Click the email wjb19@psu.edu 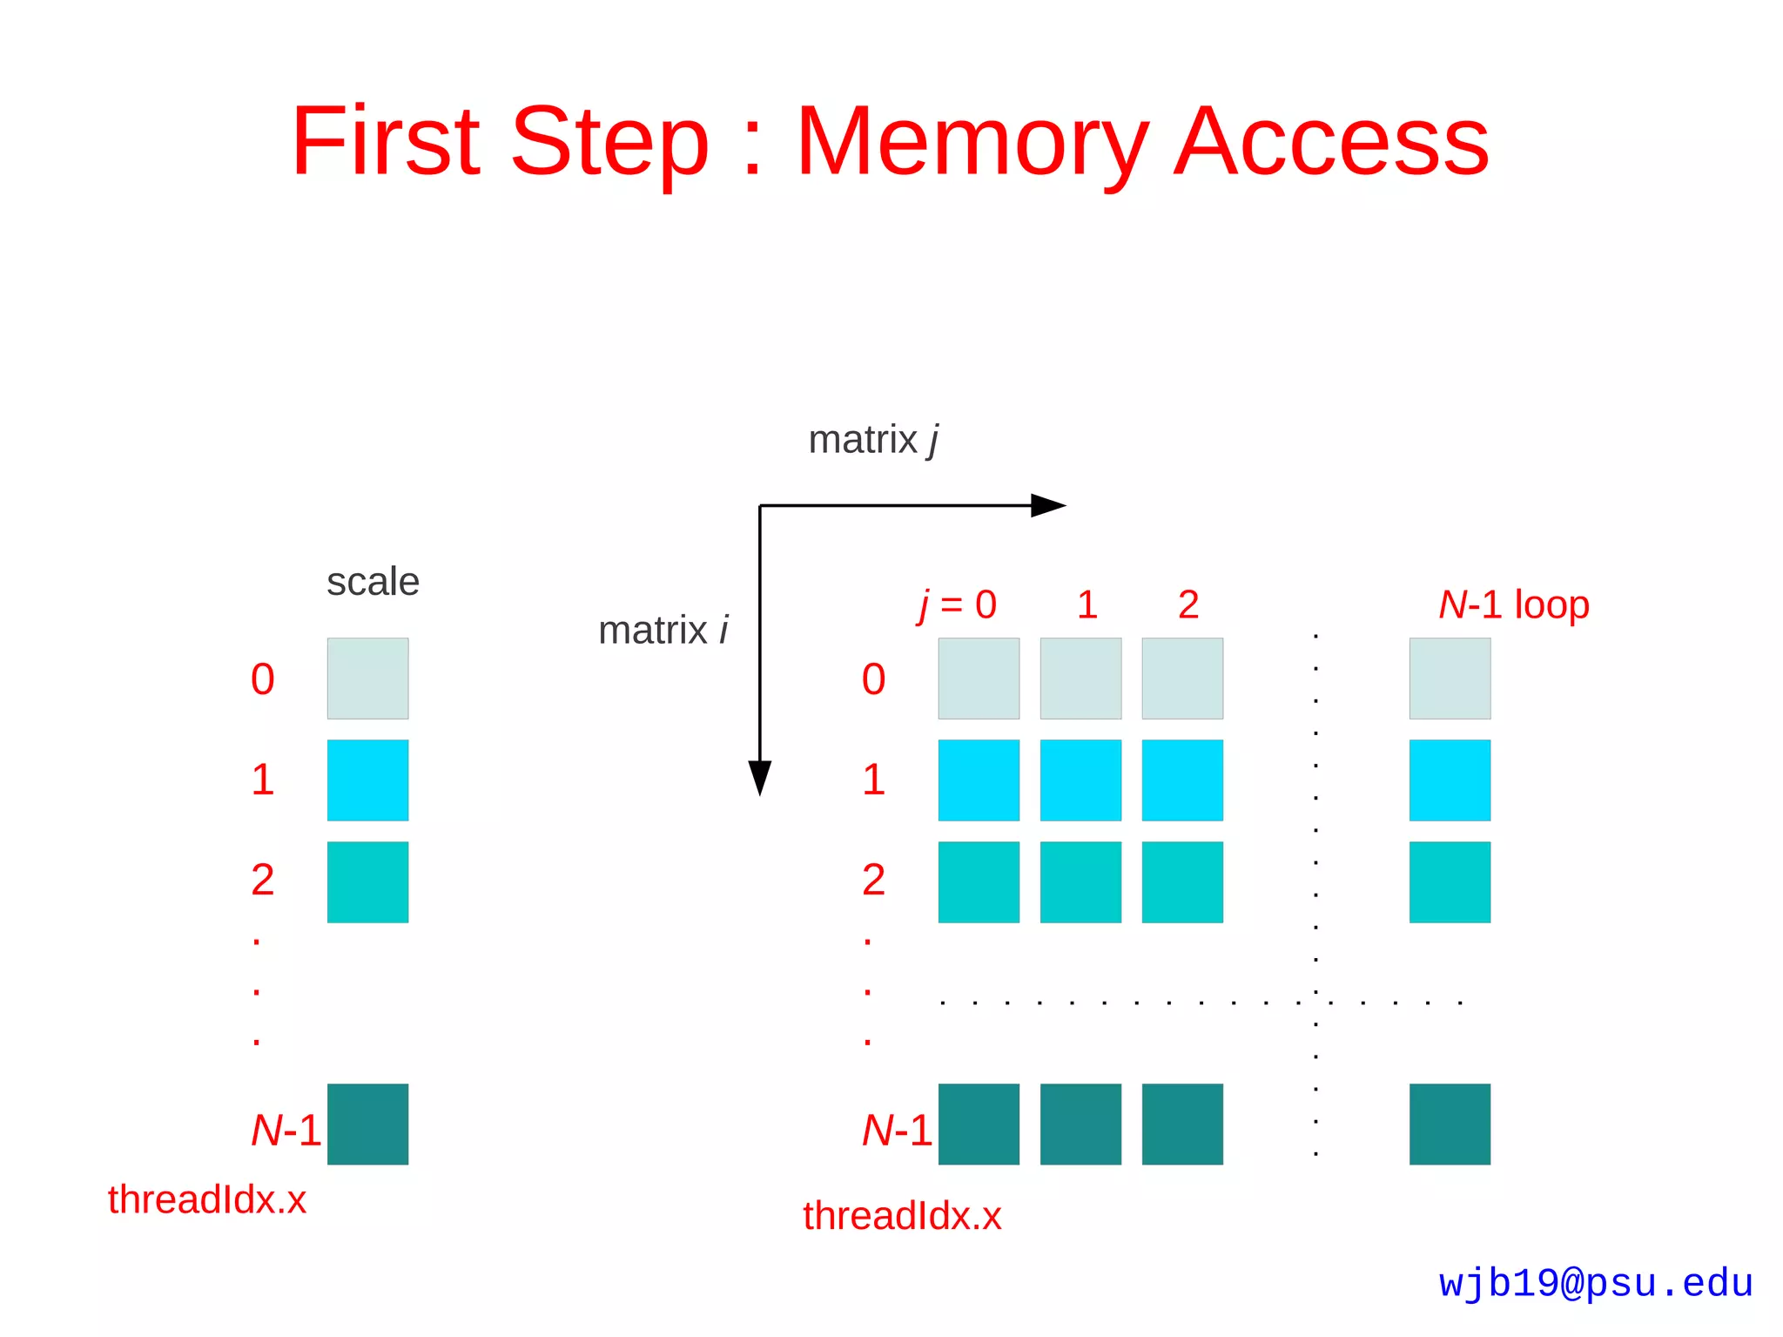1595,1283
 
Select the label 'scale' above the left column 373,582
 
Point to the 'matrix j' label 873,440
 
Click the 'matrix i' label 663,631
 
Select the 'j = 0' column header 957,604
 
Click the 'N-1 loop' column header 1513,604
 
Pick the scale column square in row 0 367,679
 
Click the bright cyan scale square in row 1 367,780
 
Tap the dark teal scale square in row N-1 367,1124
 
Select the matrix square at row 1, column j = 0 979,780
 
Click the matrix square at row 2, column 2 1182,881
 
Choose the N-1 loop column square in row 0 1450,679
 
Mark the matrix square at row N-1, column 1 1080,1124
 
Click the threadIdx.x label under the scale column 207,1200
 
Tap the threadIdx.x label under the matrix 902,1216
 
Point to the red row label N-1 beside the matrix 897,1131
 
